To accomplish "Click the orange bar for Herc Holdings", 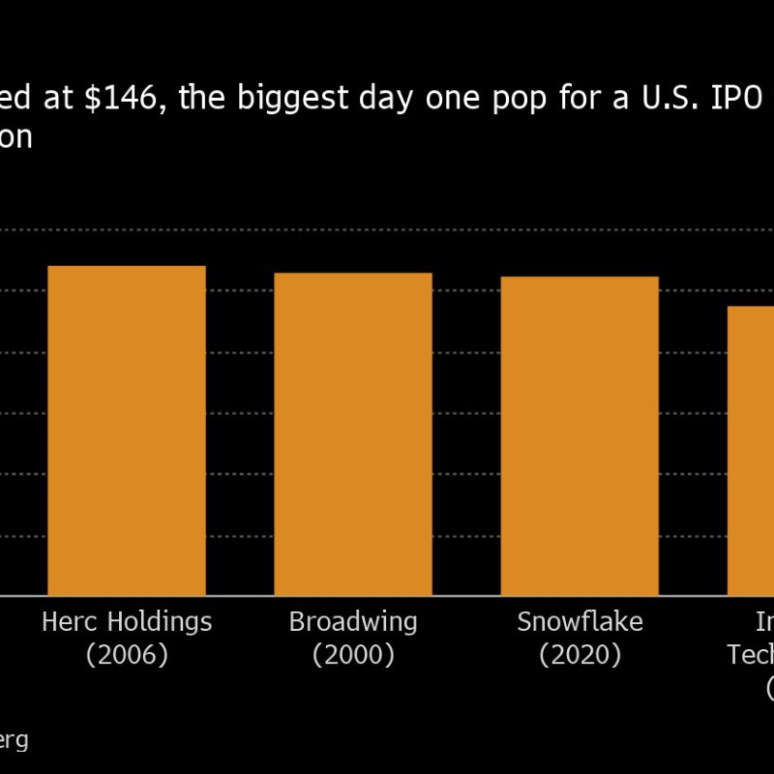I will point(127,431).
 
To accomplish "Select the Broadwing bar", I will point(353,434).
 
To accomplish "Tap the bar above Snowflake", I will point(580,436).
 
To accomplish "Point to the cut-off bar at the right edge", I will point(752,451).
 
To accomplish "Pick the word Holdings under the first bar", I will point(159,622).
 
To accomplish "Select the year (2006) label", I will point(127,655).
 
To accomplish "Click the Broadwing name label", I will point(353,622).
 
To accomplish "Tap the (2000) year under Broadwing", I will point(353,655).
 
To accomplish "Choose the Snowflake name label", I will point(580,621).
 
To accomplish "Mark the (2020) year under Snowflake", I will point(580,655).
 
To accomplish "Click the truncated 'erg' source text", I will point(14,741).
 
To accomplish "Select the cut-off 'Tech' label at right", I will point(752,655).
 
